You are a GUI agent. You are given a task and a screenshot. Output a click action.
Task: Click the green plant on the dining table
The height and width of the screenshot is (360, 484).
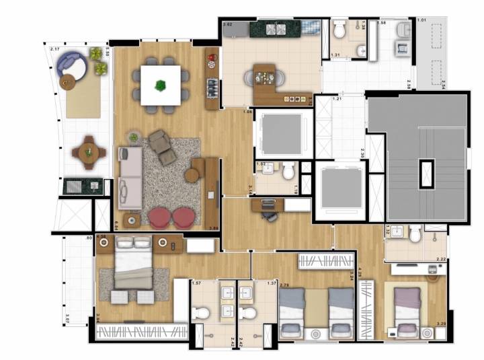click(160, 85)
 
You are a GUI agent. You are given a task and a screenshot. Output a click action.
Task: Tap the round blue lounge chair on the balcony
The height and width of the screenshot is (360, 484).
click(71, 65)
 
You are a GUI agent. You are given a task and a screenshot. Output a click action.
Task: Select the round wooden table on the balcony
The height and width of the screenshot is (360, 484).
click(87, 151)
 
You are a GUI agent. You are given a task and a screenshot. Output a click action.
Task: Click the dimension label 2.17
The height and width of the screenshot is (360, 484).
click(55, 48)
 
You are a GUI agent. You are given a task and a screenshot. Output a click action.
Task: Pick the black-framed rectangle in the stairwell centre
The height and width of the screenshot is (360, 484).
click(425, 174)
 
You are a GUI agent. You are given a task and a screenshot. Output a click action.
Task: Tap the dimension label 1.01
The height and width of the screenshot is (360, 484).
click(421, 20)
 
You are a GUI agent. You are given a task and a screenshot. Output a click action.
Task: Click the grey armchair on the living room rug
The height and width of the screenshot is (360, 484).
click(161, 145)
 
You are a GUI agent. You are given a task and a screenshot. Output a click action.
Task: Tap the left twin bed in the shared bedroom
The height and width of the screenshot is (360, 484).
click(293, 310)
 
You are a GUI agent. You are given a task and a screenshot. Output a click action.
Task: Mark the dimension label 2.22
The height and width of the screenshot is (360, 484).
click(440, 259)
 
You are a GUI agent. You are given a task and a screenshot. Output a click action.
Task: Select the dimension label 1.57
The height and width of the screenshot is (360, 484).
click(197, 283)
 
